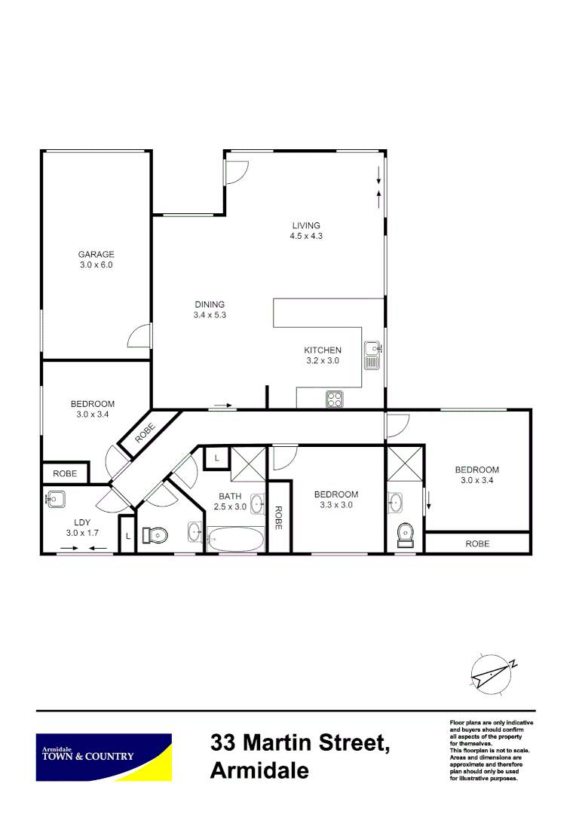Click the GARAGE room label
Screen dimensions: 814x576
click(96, 254)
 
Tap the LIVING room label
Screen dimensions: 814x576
click(306, 225)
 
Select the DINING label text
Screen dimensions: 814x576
click(210, 304)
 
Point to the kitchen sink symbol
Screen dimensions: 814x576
click(372, 356)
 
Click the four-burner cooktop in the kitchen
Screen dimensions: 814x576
click(334, 399)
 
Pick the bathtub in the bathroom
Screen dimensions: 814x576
click(235, 539)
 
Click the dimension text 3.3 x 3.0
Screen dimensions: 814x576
click(336, 506)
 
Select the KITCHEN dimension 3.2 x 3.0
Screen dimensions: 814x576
click(323, 361)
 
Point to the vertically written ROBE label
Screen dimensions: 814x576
click(278, 517)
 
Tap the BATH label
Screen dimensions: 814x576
click(230, 496)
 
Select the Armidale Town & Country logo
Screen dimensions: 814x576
click(104, 757)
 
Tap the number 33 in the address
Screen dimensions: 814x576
click(227, 743)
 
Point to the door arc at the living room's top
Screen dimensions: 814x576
click(235, 173)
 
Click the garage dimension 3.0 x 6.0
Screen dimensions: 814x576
click(96, 265)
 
